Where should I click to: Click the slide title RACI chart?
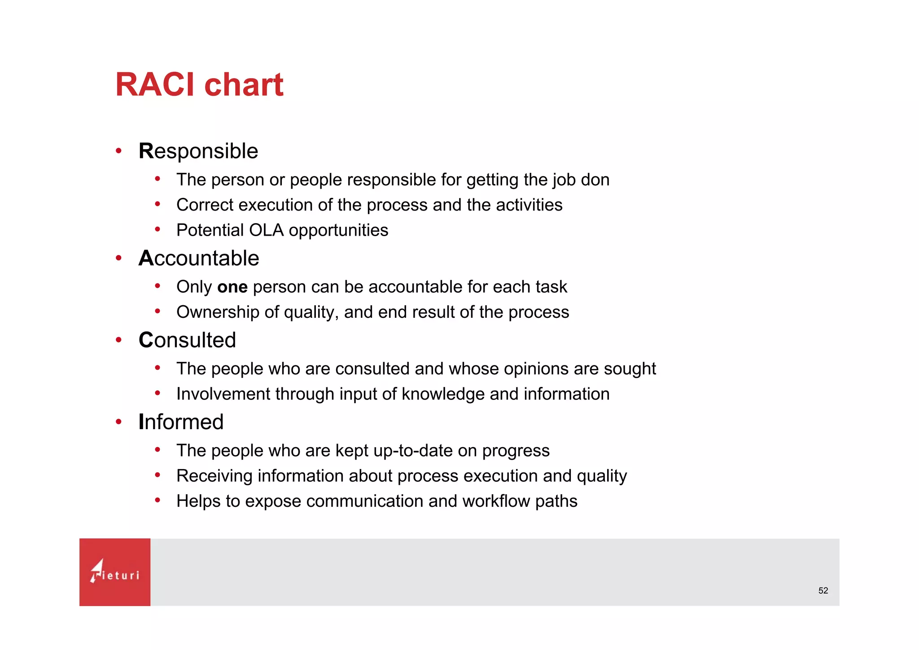coord(199,84)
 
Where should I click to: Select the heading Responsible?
coord(198,151)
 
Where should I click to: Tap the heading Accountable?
coord(199,259)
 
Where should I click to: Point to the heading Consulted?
coord(187,340)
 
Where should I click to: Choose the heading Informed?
coord(181,422)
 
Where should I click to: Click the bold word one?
coord(232,287)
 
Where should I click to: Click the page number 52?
coord(823,591)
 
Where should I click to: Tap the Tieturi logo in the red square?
coord(115,572)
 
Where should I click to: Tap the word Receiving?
coord(214,476)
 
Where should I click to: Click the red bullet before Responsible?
coord(118,151)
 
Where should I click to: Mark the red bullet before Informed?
coord(118,422)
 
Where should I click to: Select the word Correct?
coord(205,205)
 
